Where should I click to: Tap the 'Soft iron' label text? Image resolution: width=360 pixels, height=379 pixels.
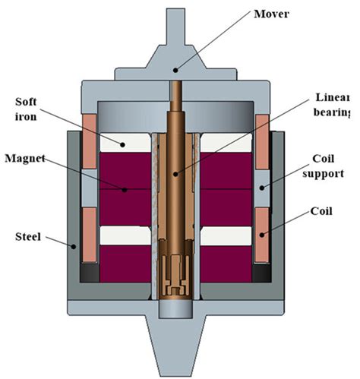33,109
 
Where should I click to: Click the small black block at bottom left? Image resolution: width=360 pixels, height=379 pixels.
89,270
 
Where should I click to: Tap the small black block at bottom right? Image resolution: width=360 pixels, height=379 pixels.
264,270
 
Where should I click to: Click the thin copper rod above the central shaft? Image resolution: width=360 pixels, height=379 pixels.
178,97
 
